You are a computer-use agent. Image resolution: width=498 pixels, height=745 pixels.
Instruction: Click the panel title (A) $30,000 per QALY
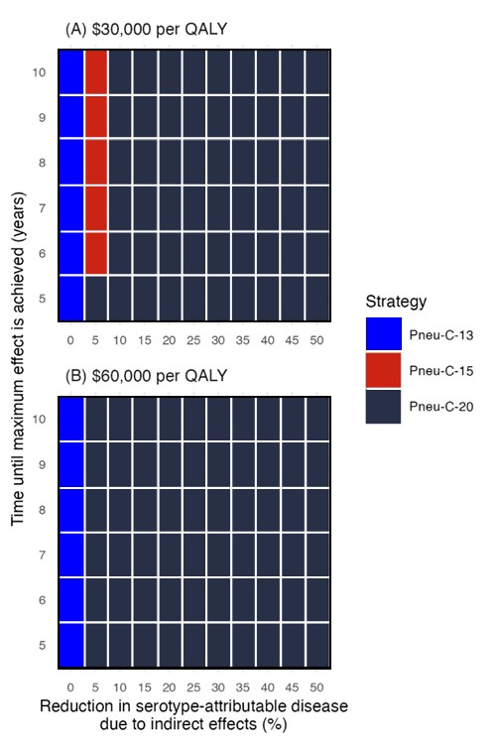pos(146,30)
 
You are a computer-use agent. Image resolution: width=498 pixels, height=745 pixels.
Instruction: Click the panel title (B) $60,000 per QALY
pos(146,376)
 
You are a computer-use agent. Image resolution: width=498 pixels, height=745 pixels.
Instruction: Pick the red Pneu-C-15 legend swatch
pos(383,371)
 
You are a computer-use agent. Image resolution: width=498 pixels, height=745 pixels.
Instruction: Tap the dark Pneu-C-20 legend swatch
pos(383,406)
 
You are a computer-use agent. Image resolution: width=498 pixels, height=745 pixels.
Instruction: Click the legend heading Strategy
pos(394,301)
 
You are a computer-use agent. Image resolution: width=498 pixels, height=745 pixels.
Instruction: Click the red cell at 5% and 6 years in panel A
pos(95,252)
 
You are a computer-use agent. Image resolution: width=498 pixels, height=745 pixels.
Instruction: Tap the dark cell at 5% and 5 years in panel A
pos(95,298)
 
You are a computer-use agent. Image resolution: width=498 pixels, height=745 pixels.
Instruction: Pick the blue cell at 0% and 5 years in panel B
pos(70,645)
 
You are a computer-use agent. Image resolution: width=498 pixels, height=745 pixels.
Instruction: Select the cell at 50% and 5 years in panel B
pos(317,645)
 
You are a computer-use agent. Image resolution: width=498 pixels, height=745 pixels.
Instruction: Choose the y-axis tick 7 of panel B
pos(41,554)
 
